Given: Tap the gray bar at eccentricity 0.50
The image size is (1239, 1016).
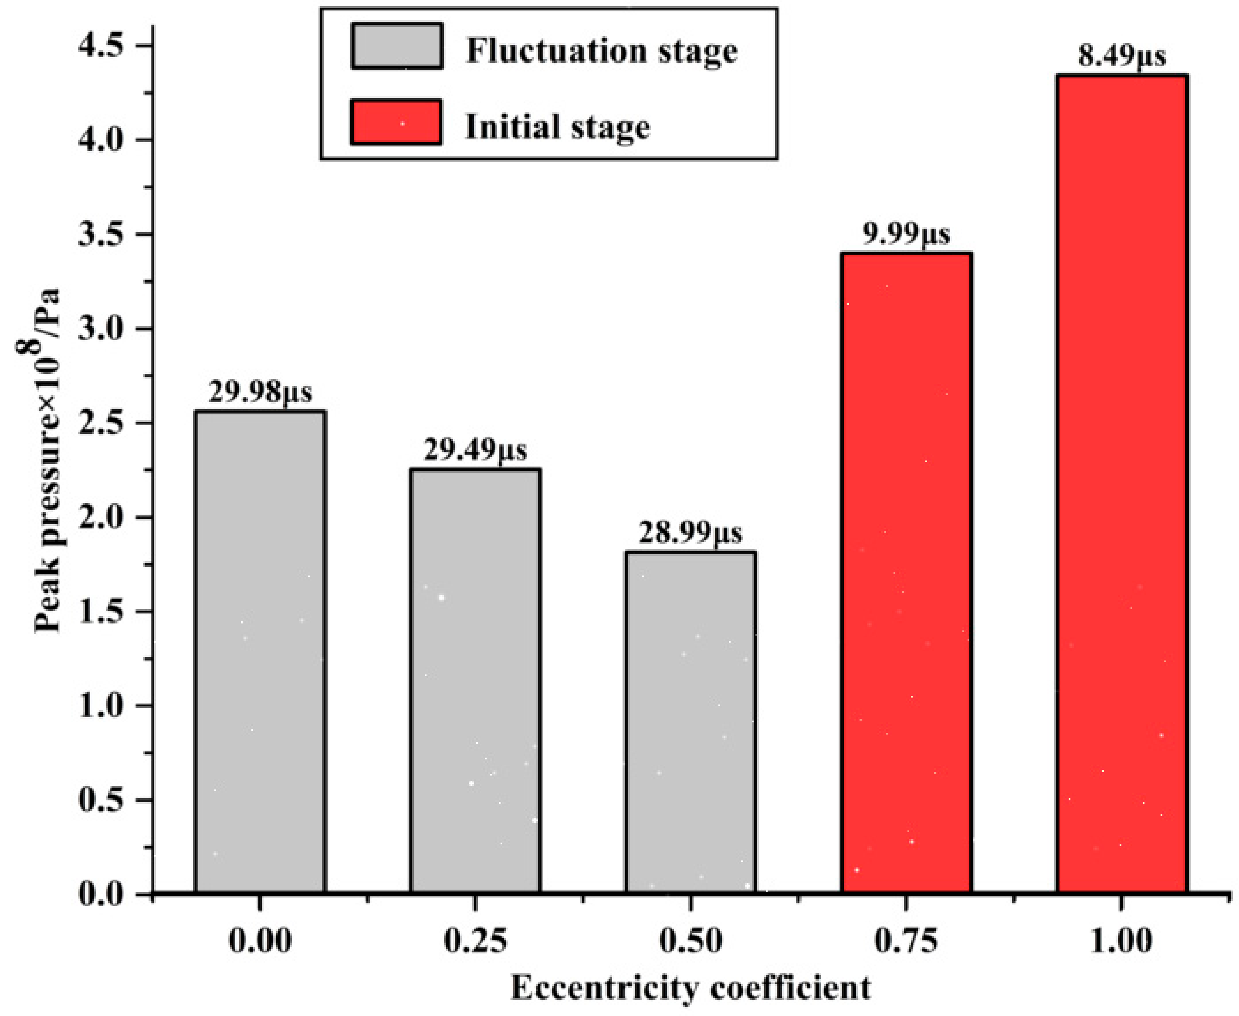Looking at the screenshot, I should point(691,722).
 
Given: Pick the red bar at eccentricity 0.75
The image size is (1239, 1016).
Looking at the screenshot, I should point(906,573).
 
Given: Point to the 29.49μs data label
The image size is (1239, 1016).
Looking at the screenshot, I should point(475,450).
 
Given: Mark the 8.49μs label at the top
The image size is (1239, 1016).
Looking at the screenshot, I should point(1122,57).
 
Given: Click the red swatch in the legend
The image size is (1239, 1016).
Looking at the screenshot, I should point(396,122).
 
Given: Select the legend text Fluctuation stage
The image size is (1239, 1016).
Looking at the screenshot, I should point(601,51).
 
